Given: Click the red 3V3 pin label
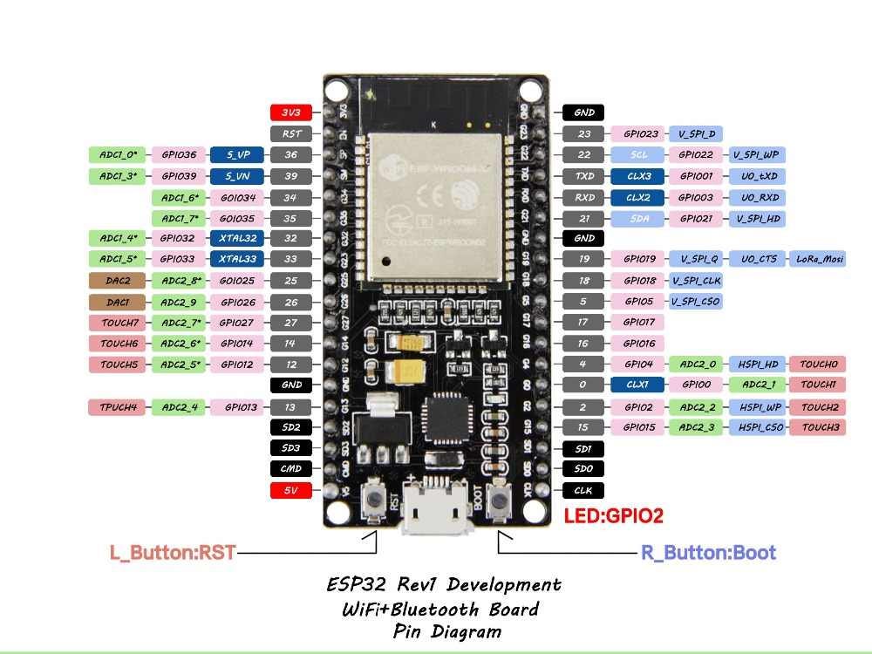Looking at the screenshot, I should coord(290,112).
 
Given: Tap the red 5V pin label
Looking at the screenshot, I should coord(290,490).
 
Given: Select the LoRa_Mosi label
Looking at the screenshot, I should coord(820,259).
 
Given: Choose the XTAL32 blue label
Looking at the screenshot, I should coord(237,238).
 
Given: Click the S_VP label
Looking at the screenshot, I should coord(237,154).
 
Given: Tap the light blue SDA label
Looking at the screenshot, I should coord(639,218).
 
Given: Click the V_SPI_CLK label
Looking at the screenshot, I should coord(695,281).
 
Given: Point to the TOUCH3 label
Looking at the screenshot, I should coord(820,427).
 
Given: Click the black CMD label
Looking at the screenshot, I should coord(290,469).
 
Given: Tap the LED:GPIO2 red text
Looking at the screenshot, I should coord(613,515).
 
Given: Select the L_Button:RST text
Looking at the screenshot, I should coord(172,553).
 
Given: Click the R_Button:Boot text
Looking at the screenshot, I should coord(708,553).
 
